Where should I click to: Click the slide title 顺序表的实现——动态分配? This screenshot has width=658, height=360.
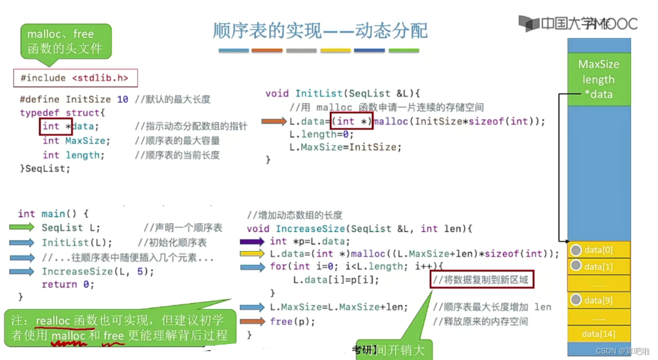pyautogui.click(x=320, y=30)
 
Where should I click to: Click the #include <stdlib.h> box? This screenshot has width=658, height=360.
pyautogui.click(x=75, y=78)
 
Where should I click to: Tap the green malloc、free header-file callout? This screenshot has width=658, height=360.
pyautogui.click(x=66, y=40)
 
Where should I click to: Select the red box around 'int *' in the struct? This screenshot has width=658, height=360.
pyautogui.click(x=55, y=126)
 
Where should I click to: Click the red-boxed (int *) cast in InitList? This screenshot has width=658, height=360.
pyautogui.click(x=351, y=121)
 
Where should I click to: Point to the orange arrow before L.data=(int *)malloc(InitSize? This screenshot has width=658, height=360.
pyautogui.click(x=274, y=122)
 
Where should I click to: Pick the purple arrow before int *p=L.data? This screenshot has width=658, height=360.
pyautogui.click(x=252, y=241)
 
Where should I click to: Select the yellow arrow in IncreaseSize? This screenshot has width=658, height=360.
pyautogui.click(x=252, y=253)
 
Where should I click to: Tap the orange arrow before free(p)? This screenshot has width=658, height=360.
pyautogui.click(x=252, y=321)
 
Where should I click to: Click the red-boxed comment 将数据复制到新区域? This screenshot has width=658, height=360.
pyautogui.click(x=481, y=279)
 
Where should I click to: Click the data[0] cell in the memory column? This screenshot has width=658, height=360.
pyautogui.click(x=599, y=250)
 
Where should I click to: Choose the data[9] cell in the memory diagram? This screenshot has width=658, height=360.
pyautogui.click(x=599, y=300)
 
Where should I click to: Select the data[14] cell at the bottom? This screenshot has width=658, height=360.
pyautogui.click(x=599, y=334)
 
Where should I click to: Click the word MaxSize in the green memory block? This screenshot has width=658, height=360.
pyautogui.click(x=599, y=64)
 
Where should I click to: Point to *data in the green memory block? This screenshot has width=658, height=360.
pyautogui.click(x=599, y=94)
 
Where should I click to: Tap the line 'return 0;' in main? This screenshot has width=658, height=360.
pyautogui.click(x=68, y=284)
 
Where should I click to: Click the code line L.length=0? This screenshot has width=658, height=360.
pyautogui.click(x=321, y=134)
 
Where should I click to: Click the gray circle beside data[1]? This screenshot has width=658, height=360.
pyautogui.click(x=576, y=265)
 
